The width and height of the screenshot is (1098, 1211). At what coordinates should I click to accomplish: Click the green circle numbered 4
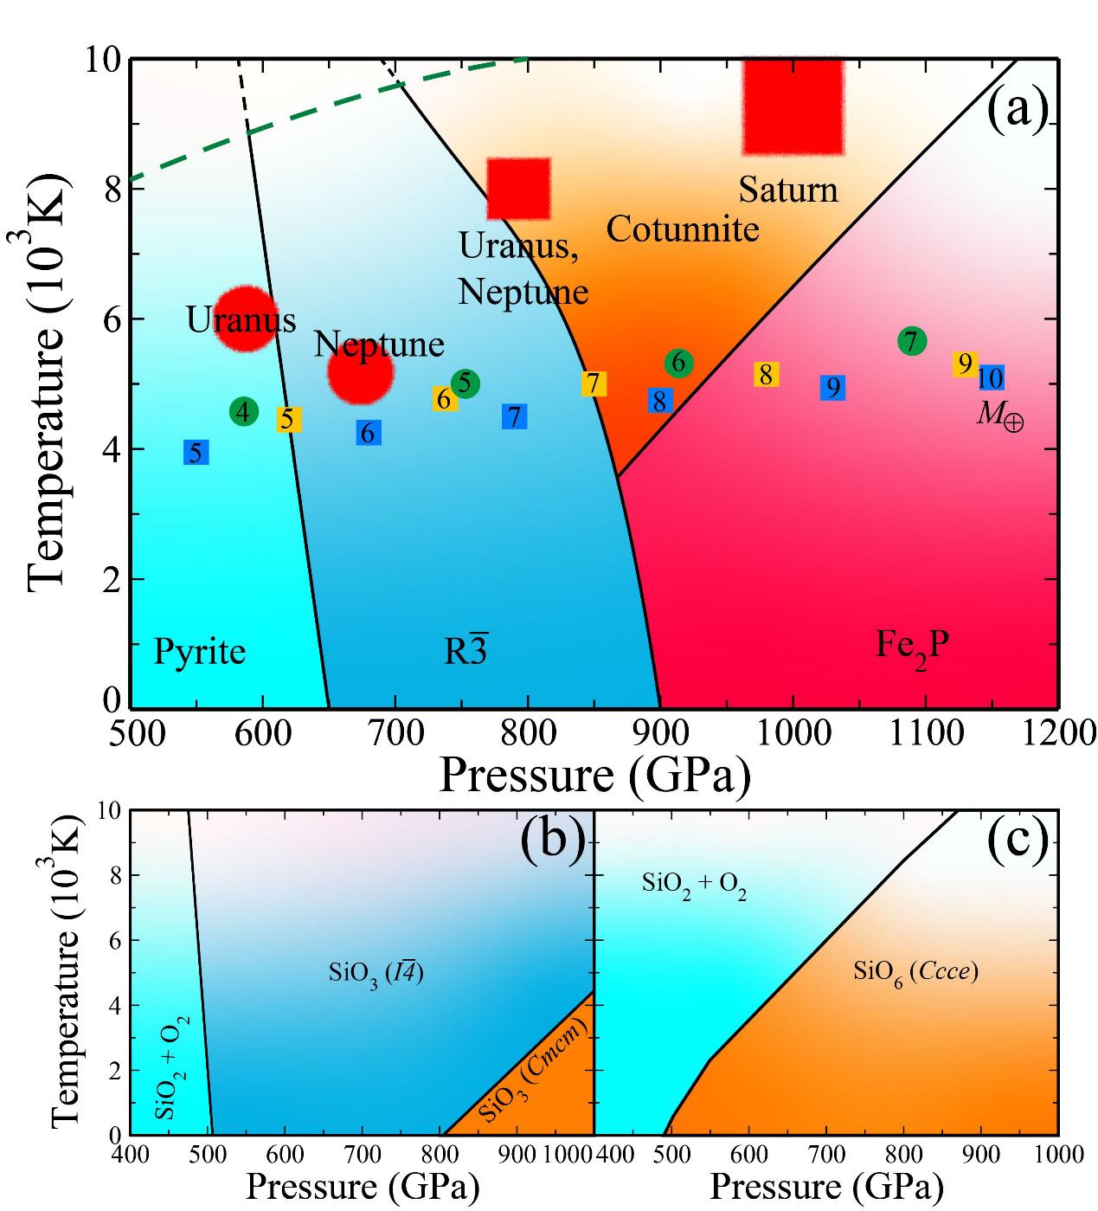coord(244,412)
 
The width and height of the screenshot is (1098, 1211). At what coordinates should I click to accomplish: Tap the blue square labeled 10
coord(991,378)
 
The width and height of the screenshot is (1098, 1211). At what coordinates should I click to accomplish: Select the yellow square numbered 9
coord(965,364)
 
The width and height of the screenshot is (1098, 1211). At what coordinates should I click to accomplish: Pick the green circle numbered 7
coord(912,341)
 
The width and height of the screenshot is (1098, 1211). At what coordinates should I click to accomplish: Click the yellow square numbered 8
coord(766,375)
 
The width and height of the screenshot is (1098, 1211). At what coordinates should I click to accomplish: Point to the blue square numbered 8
coord(659,401)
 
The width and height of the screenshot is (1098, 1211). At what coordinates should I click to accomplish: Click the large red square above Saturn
coord(793,106)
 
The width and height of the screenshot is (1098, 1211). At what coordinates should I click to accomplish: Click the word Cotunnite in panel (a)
coord(682,229)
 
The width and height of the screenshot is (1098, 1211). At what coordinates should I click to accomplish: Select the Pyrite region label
coord(199,651)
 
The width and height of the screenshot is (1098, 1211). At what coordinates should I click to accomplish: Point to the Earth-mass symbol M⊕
coord(999,416)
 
